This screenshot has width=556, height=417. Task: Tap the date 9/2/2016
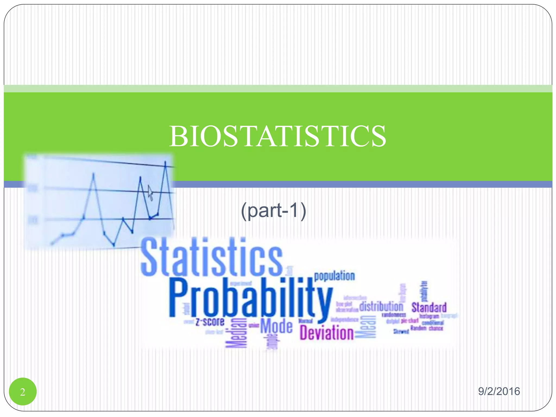[x=499, y=391]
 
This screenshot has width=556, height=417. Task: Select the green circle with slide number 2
[x=23, y=391]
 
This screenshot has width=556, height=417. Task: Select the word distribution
[x=381, y=307]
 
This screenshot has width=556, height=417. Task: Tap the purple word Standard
[x=429, y=307]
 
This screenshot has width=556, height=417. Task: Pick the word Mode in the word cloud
[x=276, y=326]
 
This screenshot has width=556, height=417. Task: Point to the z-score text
[x=210, y=322]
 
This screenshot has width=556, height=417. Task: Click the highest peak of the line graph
[x=165, y=163]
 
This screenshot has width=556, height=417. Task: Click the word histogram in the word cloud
[x=429, y=316]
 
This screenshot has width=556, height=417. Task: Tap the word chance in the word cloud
[x=436, y=328]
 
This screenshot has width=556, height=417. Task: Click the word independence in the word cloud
[x=345, y=320]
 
